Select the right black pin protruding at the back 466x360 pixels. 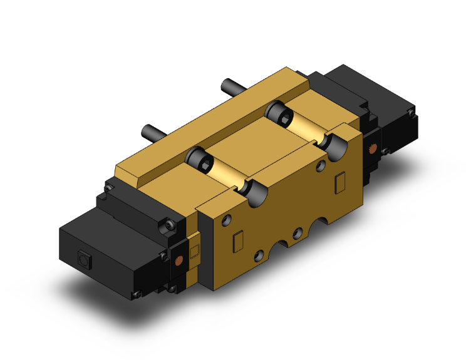(x=230, y=85)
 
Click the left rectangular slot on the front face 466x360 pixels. (x=237, y=241)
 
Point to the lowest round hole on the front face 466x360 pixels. (x=258, y=255)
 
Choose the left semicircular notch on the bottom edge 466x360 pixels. (x=281, y=245)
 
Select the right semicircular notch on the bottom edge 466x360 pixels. (x=326, y=220)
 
